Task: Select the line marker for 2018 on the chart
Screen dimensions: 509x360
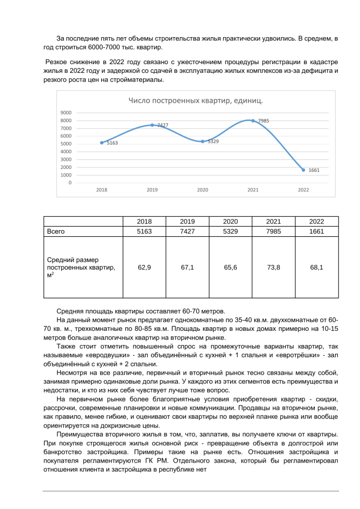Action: click(x=102, y=143)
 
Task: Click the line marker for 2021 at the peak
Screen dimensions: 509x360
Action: click(x=253, y=121)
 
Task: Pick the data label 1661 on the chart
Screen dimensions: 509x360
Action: click(x=314, y=171)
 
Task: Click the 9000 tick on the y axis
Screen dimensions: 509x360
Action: click(x=66, y=112)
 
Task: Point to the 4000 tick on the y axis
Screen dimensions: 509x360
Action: click(x=66, y=151)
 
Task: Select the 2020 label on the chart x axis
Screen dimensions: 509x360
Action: click(x=203, y=190)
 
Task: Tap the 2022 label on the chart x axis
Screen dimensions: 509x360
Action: click(x=303, y=190)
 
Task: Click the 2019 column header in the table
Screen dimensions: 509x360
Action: click(x=188, y=221)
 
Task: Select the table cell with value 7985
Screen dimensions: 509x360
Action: click(x=273, y=231)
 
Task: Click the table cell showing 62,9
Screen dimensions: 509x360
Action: click(x=145, y=267)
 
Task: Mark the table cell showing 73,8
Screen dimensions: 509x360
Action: click(x=273, y=267)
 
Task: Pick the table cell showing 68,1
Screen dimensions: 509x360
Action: click(x=317, y=267)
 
